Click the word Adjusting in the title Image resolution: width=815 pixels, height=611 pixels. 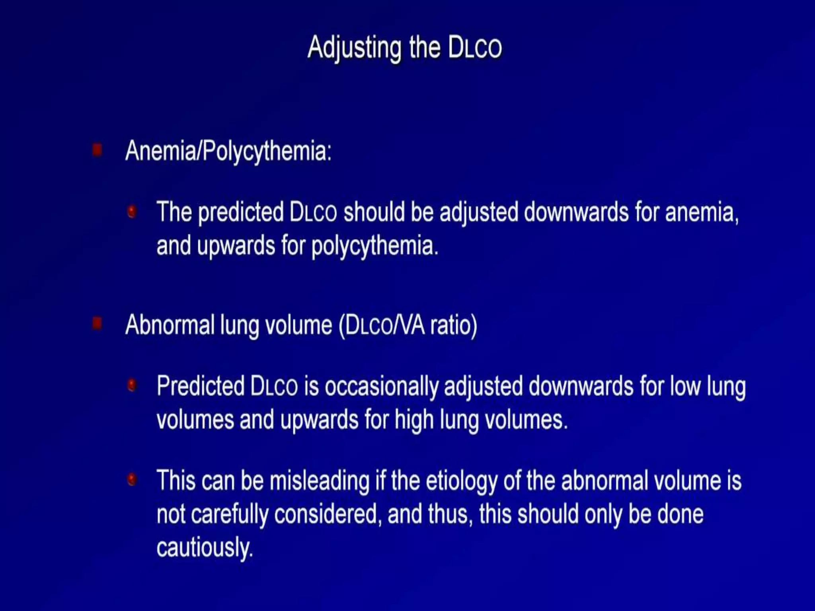354,48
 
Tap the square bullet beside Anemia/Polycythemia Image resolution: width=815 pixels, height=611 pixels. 97,150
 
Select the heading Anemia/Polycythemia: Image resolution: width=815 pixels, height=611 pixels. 228,151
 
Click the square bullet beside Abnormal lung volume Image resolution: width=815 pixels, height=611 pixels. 97,323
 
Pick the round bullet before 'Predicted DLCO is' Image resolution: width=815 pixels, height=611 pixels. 132,385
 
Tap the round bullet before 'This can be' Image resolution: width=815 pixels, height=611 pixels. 132,479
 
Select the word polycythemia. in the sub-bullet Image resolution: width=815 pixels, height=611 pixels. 374,246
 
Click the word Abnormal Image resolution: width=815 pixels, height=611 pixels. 170,325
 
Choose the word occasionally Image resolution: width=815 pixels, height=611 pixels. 382,386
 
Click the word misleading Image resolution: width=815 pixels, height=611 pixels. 320,481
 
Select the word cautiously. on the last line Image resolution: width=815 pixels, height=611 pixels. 205,548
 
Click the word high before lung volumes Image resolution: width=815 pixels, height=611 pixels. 414,420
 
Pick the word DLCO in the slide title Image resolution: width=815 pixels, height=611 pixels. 475,48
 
